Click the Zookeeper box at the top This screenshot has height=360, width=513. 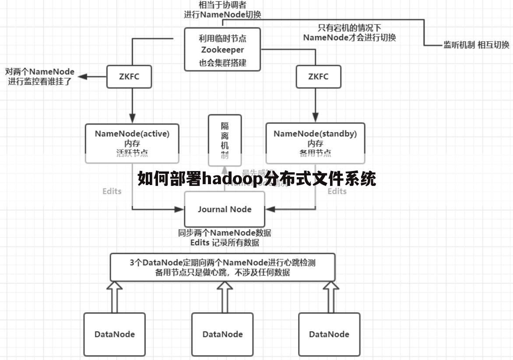(222, 49)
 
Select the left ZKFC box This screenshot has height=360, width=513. (129, 77)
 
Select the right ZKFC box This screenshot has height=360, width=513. (318, 77)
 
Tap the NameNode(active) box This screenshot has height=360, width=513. (132, 143)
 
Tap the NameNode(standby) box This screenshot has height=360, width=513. (315, 143)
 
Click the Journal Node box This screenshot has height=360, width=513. (225, 209)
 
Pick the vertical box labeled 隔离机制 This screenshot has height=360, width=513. (225, 140)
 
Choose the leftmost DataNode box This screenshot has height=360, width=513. (115, 334)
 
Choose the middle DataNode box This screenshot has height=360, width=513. (222, 334)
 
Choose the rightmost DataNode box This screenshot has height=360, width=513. (329, 334)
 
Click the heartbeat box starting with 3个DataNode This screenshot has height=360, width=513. (222, 267)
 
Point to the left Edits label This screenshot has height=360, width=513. (112, 191)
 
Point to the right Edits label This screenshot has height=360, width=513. (337, 191)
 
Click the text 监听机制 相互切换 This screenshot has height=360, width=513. (476, 45)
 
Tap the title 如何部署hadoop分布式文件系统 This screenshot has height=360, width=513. (257, 178)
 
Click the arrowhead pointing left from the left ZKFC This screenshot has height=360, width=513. (83, 77)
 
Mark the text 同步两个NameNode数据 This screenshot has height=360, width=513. (225, 233)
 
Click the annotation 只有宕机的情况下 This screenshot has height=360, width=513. (349, 28)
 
